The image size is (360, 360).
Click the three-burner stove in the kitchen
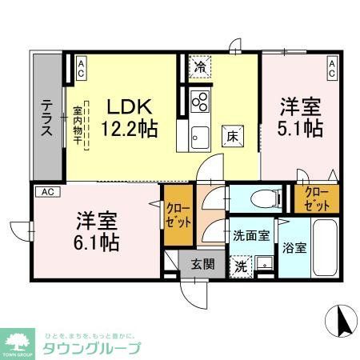coord(200,102)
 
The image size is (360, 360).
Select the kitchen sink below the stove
coord(198,135)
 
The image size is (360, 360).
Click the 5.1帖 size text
coord(301,127)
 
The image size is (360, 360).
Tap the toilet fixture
coord(260,199)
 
